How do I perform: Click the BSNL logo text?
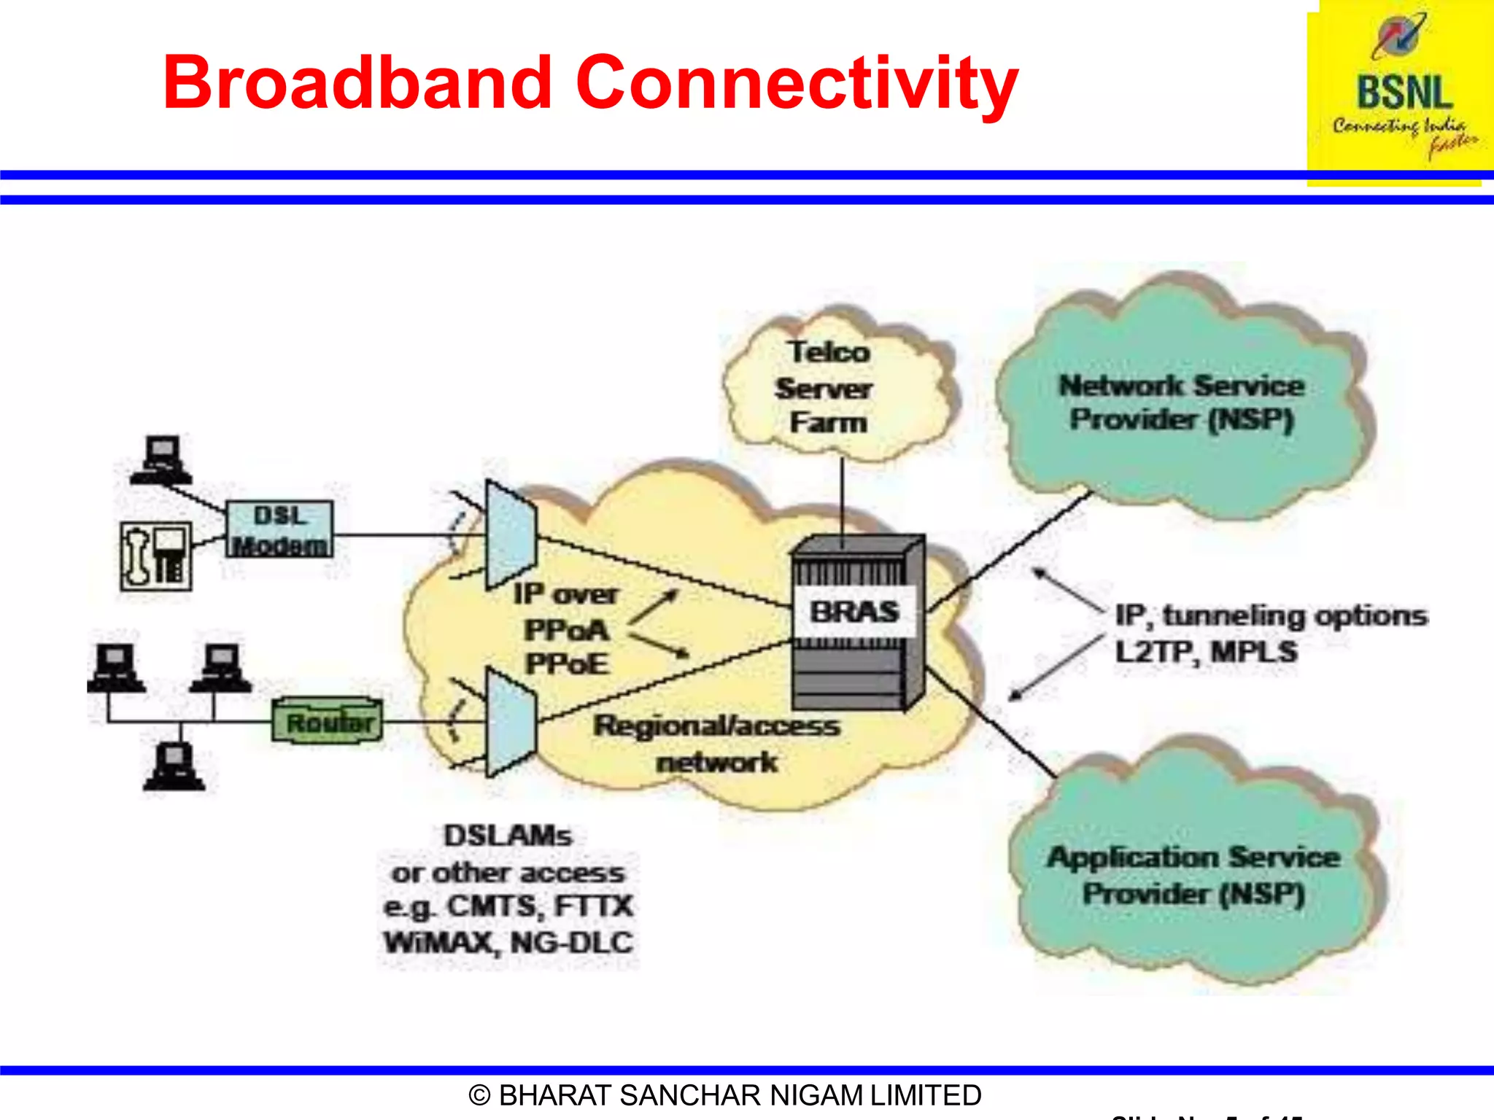(x=1404, y=93)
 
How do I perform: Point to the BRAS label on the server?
(x=854, y=612)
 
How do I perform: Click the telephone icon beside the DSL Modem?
(x=156, y=556)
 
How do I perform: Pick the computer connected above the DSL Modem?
(x=161, y=459)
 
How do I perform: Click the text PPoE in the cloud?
(x=567, y=664)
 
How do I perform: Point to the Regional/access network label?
(x=716, y=743)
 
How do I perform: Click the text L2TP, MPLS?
(x=1207, y=651)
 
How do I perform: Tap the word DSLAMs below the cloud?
(x=508, y=836)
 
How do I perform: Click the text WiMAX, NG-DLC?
(x=508, y=943)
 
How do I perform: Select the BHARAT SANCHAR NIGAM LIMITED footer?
(x=725, y=1095)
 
